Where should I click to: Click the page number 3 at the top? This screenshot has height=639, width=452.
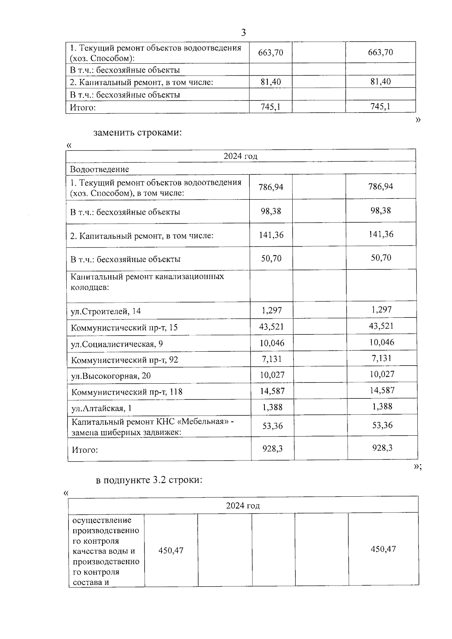tap(243, 33)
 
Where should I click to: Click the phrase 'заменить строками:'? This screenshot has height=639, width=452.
tap(137, 133)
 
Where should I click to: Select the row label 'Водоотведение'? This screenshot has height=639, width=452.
tap(99, 169)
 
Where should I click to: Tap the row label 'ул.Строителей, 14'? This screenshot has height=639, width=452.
tap(106, 311)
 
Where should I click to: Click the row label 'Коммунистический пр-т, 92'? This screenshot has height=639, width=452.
tap(125, 360)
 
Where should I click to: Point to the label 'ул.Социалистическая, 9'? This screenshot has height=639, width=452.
tap(117, 344)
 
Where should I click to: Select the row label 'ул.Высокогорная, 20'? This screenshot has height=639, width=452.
tap(111, 376)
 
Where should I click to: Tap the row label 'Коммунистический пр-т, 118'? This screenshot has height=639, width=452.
tap(127, 392)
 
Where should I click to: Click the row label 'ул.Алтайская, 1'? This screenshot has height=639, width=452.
tap(101, 408)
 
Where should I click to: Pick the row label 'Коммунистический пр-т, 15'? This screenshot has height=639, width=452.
tap(124, 328)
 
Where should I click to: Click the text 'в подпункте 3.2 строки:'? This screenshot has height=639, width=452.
tap(150, 480)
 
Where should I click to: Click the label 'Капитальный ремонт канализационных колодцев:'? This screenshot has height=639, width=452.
tap(147, 282)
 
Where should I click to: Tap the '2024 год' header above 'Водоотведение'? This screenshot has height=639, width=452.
tap(240, 156)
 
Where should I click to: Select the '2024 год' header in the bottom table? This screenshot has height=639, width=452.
tap(243, 505)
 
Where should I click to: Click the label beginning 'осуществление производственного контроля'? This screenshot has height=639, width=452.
tap(106, 551)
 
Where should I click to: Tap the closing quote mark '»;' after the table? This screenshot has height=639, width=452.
tap(417, 467)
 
